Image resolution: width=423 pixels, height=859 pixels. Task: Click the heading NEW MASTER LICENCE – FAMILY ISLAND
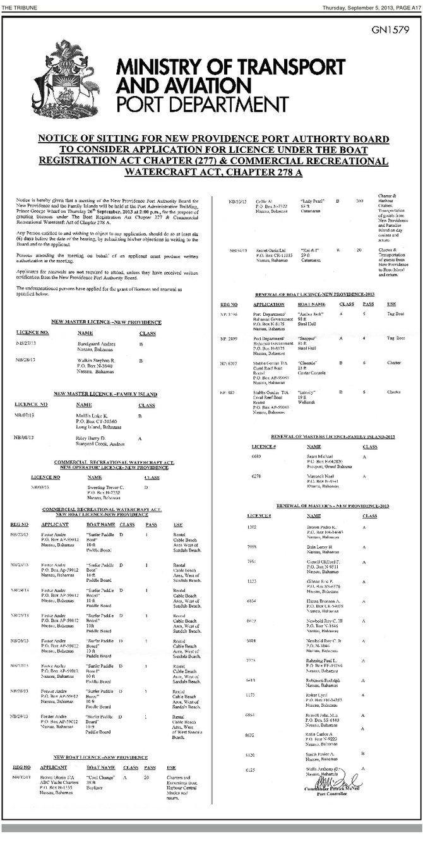coord(107,393)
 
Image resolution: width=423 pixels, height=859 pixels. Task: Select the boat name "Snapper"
coord(300,337)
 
